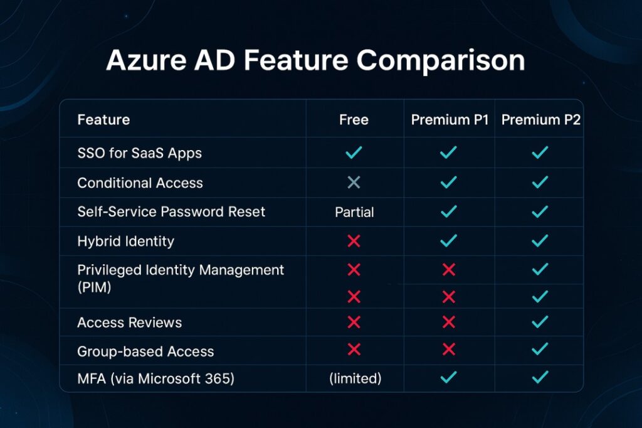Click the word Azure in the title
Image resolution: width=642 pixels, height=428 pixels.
click(x=146, y=60)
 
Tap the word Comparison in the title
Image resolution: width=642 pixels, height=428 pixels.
click(x=441, y=61)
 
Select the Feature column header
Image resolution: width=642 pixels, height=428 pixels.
click(x=103, y=120)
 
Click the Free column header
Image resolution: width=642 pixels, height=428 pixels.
click(x=354, y=120)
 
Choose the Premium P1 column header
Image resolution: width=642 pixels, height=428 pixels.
click(x=450, y=120)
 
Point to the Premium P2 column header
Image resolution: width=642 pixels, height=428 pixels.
click(x=541, y=120)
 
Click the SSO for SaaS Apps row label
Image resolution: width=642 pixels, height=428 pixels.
click(x=140, y=153)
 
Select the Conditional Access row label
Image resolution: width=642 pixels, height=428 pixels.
click(x=140, y=183)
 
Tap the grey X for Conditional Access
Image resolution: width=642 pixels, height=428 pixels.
click(x=354, y=182)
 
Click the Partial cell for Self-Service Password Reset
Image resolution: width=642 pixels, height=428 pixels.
click(x=354, y=212)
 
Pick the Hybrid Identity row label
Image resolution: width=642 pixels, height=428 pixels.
click(x=125, y=242)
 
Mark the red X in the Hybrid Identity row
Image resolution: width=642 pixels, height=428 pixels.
click(x=354, y=241)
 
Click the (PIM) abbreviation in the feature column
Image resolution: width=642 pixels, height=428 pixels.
click(x=94, y=287)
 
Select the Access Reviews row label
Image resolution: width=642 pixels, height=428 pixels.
click(x=129, y=323)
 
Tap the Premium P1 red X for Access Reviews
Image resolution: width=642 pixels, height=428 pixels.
click(x=449, y=322)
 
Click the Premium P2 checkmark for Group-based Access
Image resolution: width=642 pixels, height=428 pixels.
click(x=540, y=349)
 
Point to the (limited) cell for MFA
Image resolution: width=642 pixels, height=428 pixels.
click(x=355, y=378)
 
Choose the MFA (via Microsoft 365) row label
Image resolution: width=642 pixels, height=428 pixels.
click(x=155, y=378)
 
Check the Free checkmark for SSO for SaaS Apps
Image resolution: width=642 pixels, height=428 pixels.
click(x=354, y=152)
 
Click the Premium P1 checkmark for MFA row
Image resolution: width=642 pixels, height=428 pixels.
click(x=449, y=377)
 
